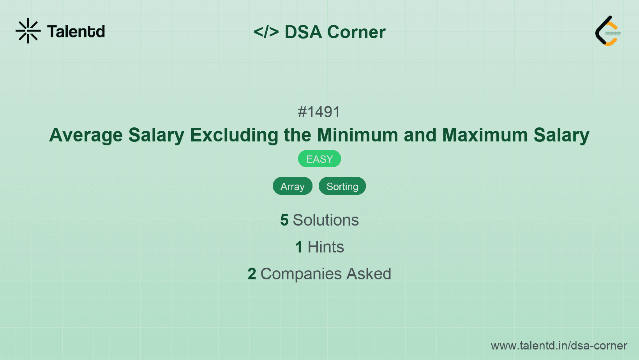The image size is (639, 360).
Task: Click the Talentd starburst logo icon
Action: pyautogui.click(x=28, y=31)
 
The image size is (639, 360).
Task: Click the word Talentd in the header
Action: pyautogui.click(x=76, y=32)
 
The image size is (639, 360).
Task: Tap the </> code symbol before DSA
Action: pyautogui.click(x=266, y=32)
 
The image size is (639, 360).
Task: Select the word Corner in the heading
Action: pyautogui.click(x=356, y=32)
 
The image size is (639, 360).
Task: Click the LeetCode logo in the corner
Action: pyautogui.click(x=608, y=31)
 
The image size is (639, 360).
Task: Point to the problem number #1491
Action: pyautogui.click(x=319, y=112)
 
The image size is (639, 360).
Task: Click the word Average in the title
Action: pyautogui.click(x=86, y=135)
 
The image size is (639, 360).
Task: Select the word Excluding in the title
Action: pyautogui.click(x=234, y=135)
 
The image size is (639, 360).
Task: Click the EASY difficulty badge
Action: pyautogui.click(x=319, y=159)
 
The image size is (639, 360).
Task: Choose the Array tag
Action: pyautogui.click(x=293, y=186)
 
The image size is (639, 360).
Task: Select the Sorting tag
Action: pyautogui.click(x=342, y=186)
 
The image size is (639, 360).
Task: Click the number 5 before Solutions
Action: pyautogui.click(x=284, y=220)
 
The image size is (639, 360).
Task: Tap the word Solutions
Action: pyautogui.click(x=326, y=220)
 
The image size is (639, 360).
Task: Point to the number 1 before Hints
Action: pyautogui.click(x=299, y=247)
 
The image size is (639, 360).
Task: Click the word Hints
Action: pyautogui.click(x=326, y=247)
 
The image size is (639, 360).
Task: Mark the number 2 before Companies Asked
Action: pyautogui.click(x=252, y=274)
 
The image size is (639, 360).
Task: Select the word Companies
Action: pyautogui.click(x=301, y=274)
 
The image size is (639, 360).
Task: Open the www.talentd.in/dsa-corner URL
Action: pyautogui.click(x=559, y=346)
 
